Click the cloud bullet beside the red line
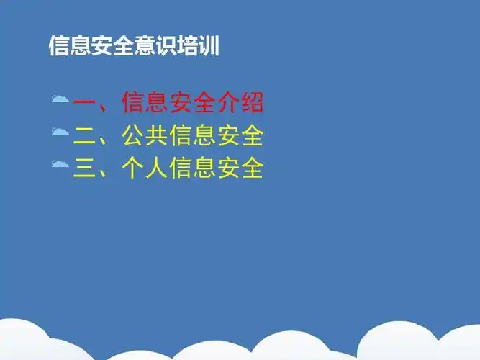click(x=60, y=100)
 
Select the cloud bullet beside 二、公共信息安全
click(x=60, y=132)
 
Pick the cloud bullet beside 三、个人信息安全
click(x=60, y=165)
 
